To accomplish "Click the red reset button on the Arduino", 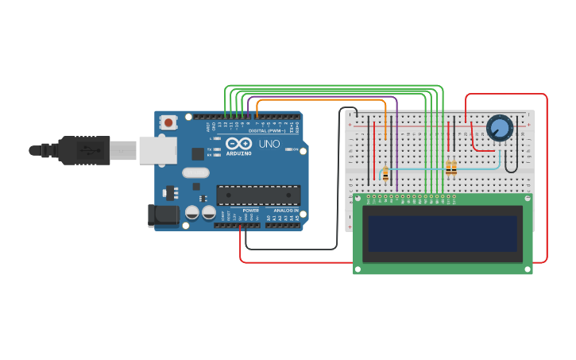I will point(168,122).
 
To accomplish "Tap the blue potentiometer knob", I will point(500,127).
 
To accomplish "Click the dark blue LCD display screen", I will point(443,232).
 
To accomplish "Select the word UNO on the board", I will point(269,144).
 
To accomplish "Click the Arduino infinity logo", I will point(238,144).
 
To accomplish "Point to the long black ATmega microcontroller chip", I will point(258,195).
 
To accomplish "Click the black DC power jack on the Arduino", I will point(164,214).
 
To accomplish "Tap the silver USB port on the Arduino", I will point(157,150).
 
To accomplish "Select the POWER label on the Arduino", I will point(250,211).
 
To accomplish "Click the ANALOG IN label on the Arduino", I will point(285,211).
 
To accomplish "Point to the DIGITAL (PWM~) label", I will point(265,130).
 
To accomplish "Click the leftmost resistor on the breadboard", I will point(385,173).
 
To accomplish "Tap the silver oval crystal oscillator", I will point(195,172).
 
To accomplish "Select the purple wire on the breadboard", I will point(396,143).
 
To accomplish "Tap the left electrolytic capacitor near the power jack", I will point(192,212).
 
